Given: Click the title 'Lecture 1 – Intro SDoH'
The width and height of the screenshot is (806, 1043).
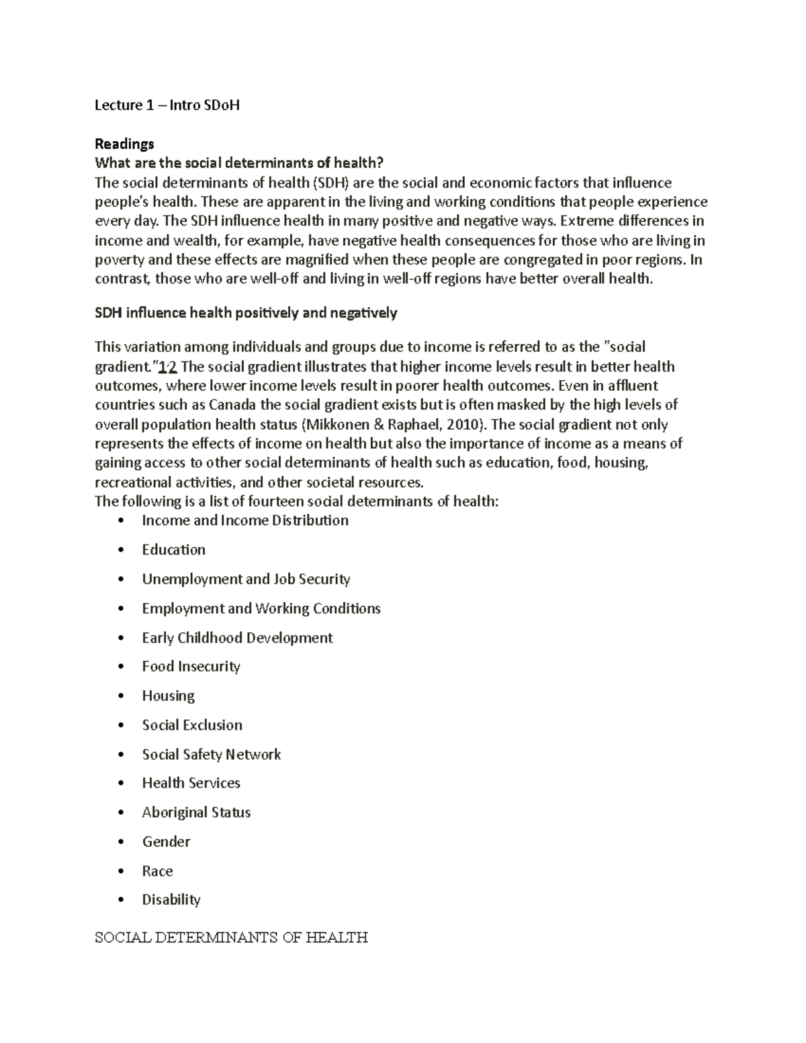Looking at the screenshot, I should click(167, 105).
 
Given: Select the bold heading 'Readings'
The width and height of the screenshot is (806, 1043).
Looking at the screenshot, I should click(124, 144).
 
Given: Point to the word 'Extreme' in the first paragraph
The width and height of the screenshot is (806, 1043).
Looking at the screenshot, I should click(585, 221).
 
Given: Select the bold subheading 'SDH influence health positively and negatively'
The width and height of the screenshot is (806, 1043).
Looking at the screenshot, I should click(246, 313).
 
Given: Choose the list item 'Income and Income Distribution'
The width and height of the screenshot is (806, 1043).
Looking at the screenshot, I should click(245, 520).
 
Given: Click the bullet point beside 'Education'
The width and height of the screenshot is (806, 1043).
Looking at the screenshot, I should click(121, 550).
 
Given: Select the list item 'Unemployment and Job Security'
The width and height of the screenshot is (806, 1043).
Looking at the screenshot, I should click(246, 579).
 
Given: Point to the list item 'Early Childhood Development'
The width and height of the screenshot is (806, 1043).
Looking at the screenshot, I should click(237, 637).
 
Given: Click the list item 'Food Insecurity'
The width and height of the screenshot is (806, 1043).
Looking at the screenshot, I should click(191, 666).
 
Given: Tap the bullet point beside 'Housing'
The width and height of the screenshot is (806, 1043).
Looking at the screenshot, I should click(121, 696).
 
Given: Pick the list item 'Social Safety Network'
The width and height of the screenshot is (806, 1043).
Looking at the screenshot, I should click(211, 754).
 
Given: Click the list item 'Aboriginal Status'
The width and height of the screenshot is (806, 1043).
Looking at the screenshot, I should click(196, 813).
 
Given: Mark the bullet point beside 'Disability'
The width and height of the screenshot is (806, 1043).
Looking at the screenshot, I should click(121, 900).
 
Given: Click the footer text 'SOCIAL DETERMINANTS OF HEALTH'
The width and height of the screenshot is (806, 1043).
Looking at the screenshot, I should click(231, 938).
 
